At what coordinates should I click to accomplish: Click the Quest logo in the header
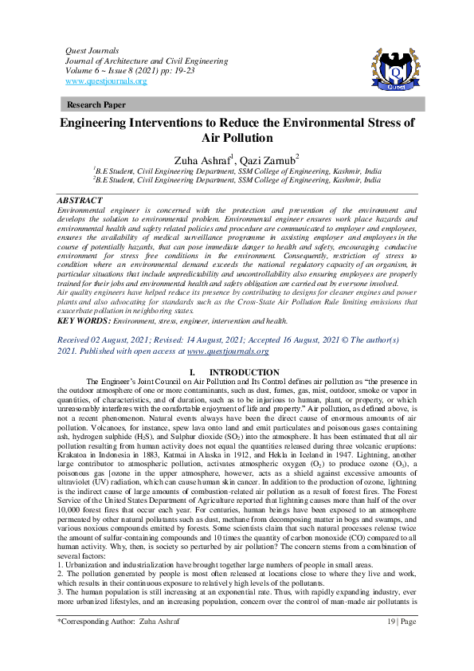point(391,69)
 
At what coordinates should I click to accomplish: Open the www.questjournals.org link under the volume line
point(105,80)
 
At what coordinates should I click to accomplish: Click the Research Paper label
point(94,104)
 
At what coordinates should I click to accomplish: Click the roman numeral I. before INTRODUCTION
point(190,372)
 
